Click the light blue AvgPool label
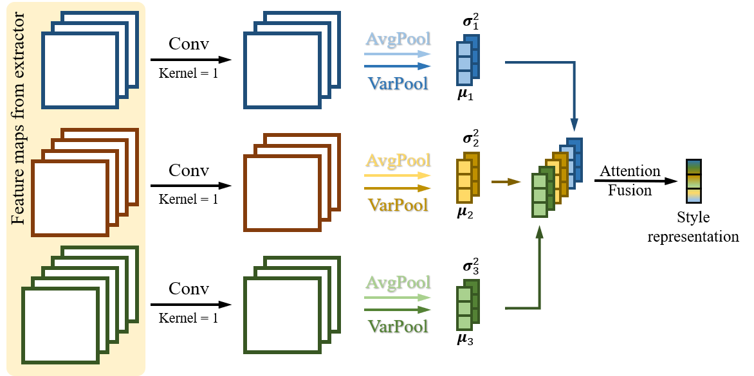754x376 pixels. pos(398,39)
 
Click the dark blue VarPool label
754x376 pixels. pos(398,83)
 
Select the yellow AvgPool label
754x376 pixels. pos(398,159)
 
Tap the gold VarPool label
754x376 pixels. pos(398,205)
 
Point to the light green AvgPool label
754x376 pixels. pos(398,282)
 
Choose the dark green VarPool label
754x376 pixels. pos(398,326)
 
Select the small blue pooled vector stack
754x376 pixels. pos(468,60)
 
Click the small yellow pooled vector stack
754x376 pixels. pos(468,177)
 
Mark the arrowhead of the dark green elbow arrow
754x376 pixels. pos(540,232)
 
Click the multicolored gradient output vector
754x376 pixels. pos(694,181)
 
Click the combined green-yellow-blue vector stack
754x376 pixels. pos(556,177)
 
